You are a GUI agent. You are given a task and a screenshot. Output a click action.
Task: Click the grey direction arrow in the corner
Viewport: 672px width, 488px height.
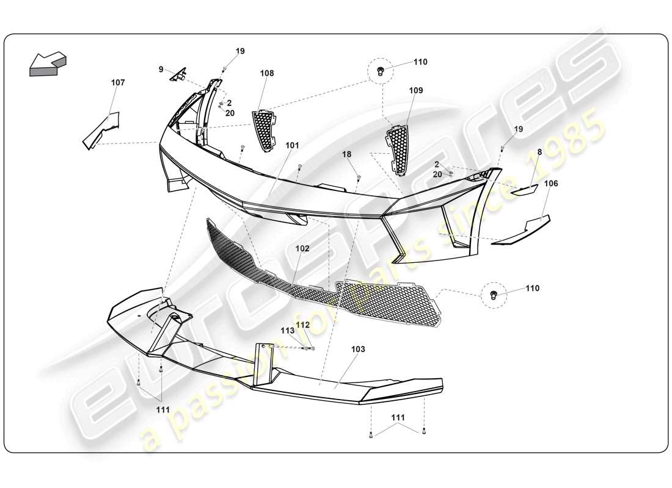pyautogui.click(x=48, y=63)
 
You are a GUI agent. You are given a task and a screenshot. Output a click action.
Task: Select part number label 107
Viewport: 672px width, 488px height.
pyautogui.click(x=117, y=82)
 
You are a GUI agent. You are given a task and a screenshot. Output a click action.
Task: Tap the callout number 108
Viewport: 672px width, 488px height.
pyautogui.click(x=267, y=73)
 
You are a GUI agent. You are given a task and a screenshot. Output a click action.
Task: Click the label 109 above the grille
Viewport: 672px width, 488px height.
pyautogui.click(x=416, y=90)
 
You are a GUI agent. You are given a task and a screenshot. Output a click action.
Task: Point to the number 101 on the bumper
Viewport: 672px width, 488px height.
pyautogui.click(x=292, y=146)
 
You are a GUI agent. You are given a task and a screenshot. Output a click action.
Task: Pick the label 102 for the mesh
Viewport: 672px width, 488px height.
pyautogui.click(x=302, y=248)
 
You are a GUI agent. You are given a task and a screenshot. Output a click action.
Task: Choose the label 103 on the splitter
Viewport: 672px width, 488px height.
pyautogui.click(x=358, y=350)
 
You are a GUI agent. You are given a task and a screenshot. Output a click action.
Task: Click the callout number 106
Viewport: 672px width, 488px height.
pyautogui.click(x=551, y=183)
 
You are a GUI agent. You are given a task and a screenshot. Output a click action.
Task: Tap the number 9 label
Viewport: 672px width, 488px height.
pyautogui.click(x=161, y=70)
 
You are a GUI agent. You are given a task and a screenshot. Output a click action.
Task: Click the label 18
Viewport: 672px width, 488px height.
pyautogui.click(x=347, y=155)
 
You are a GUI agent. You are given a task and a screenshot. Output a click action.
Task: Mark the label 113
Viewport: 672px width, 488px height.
pyautogui.click(x=288, y=331)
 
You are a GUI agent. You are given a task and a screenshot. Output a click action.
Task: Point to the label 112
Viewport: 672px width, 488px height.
pyautogui.click(x=303, y=325)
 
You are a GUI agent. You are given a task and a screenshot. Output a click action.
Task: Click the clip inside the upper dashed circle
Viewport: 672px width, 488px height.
pyautogui.click(x=381, y=71)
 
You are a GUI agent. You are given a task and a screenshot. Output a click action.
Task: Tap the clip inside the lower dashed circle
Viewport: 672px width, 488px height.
pyautogui.click(x=494, y=295)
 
